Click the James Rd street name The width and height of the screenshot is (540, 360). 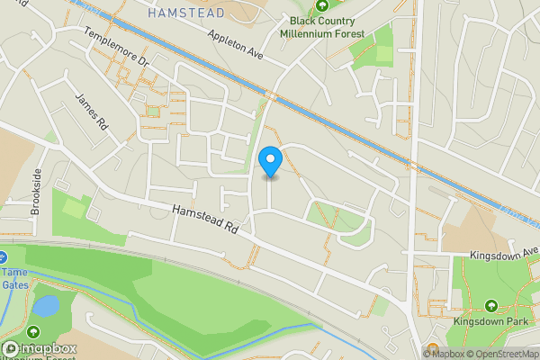click(x=91, y=114)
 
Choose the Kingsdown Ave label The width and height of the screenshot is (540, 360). click(x=503, y=256)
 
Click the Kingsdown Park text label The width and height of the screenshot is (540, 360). click(x=491, y=319)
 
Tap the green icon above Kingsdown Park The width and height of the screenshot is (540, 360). click(x=491, y=305)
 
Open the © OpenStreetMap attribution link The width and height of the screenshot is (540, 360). click(x=502, y=354)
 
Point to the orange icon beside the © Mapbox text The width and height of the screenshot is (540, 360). click(x=432, y=348)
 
